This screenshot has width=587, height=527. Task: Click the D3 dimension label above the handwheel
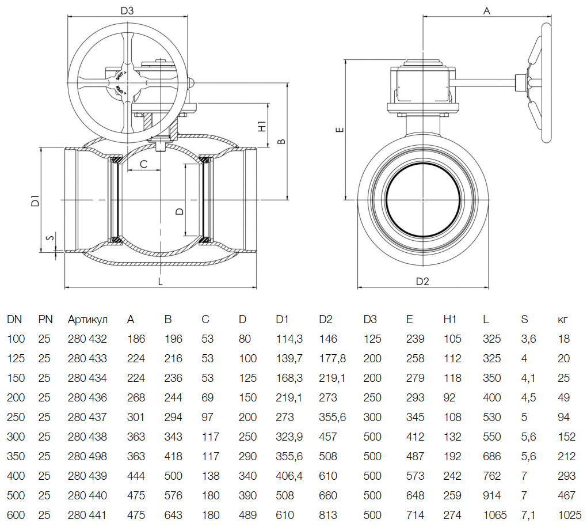click(x=127, y=10)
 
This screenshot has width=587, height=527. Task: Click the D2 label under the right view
click(x=423, y=281)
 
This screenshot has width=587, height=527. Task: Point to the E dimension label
click(x=340, y=130)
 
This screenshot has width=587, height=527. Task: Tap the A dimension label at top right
click(x=486, y=10)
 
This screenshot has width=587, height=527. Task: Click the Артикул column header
click(x=87, y=319)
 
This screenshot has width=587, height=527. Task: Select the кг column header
click(x=563, y=319)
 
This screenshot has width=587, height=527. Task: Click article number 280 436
click(x=87, y=397)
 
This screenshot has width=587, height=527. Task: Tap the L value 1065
click(x=494, y=515)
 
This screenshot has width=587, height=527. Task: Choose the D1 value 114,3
click(x=289, y=339)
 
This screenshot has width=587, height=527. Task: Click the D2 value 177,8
click(x=333, y=358)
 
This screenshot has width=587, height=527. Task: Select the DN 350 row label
click(x=16, y=456)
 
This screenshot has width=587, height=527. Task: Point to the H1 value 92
click(x=449, y=397)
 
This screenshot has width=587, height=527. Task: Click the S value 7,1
click(x=528, y=515)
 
